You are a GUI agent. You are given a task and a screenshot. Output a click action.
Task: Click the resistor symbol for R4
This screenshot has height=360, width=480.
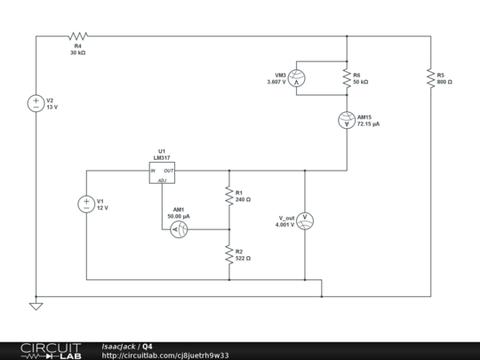(77, 36)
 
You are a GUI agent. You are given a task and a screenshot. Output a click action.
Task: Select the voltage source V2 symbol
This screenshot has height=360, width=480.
(36, 103)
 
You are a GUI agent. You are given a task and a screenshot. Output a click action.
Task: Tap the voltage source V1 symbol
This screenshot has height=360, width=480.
(86, 204)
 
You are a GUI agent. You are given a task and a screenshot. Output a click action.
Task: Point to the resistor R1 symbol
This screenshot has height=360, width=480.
(229, 195)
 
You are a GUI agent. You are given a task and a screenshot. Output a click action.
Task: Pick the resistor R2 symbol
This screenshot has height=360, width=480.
(229, 254)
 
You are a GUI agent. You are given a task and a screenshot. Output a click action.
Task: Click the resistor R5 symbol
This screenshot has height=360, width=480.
(430, 77)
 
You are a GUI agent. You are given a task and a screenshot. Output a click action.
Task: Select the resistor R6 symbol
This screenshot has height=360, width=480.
(345, 78)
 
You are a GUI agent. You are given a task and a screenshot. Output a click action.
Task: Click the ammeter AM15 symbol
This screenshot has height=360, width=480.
(345, 120)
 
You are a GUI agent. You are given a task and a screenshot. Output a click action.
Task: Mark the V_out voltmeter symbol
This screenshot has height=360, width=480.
(305, 220)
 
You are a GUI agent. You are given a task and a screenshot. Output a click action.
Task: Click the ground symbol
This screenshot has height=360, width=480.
(36, 306)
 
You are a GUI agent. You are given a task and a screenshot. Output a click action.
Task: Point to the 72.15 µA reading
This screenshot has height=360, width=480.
(368, 124)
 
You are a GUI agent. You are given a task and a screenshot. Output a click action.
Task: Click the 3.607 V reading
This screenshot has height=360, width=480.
(277, 82)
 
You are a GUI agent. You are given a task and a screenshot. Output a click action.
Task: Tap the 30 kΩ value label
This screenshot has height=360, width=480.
(77, 53)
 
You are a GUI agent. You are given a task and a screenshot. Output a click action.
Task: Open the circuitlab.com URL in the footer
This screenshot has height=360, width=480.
(165, 355)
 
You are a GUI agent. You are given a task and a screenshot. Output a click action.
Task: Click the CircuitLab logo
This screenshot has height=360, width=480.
(42, 349)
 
